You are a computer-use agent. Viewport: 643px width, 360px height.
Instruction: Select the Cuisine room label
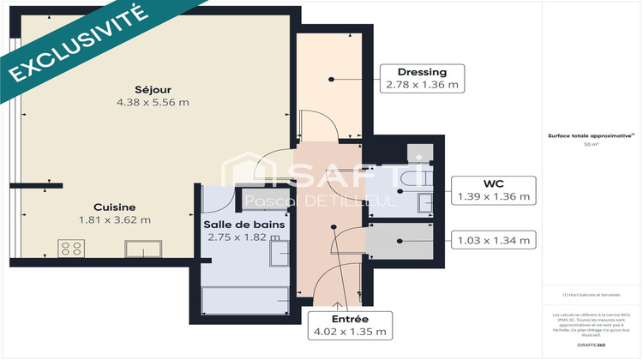pos(114,207)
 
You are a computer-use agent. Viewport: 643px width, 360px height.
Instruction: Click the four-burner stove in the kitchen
pos(69,249)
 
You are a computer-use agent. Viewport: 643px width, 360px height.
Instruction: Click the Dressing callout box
pos(422,78)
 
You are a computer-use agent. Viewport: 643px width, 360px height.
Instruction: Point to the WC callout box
pos(494,189)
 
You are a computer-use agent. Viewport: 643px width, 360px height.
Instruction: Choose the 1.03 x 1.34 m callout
pos(493,238)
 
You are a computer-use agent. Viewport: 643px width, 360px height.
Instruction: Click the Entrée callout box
pos(351,324)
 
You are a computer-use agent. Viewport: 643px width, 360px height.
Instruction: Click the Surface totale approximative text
pos(591,135)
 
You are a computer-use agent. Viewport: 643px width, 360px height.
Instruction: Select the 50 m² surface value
pos(591,145)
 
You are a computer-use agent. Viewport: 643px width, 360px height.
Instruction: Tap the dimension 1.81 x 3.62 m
pos(114,219)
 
